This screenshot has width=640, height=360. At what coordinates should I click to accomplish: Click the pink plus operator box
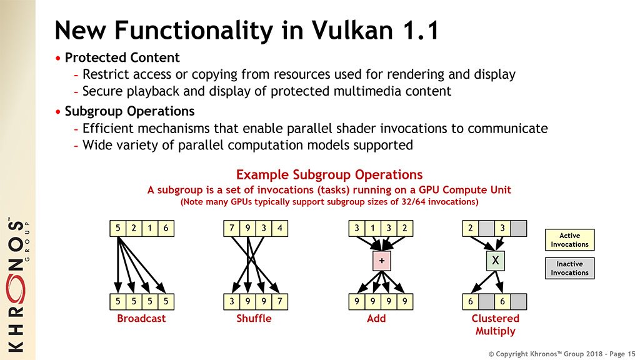(x=382, y=261)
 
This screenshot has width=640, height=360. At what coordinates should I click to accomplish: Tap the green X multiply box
(x=495, y=261)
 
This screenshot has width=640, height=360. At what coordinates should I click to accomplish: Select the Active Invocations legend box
(x=569, y=240)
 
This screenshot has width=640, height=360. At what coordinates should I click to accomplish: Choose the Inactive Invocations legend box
(x=569, y=268)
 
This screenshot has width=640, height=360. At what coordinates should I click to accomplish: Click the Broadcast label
(x=141, y=318)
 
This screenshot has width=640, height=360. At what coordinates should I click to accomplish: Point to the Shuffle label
(x=254, y=318)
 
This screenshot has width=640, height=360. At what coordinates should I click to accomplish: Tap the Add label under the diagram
(x=376, y=318)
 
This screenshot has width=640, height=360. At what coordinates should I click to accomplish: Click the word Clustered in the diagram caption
(x=495, y=318)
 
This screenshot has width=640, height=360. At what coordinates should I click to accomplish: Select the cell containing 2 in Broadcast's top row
(x=134, y=228)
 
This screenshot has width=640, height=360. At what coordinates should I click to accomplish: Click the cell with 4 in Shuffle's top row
(x=279, y=228)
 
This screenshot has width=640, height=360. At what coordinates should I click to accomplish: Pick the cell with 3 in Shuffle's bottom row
(x=232, y=302)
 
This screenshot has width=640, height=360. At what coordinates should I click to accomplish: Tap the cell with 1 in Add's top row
(x=372, y=228)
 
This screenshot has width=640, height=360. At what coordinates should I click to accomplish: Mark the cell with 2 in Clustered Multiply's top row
(x=470, y=228)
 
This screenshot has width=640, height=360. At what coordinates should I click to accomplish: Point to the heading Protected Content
(x=122, y=57)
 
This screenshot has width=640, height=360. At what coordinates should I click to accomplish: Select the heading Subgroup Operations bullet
(x=129, y=111)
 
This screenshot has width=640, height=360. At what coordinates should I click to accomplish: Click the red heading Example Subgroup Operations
(x=329, y=175)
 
